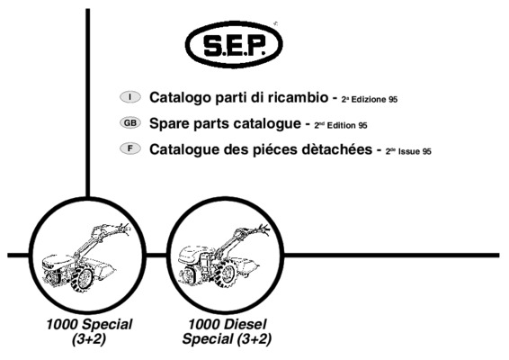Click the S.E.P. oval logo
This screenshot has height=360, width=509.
[234, 44]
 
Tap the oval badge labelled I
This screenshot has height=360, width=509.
[130, 97]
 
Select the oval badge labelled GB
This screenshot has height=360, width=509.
[130, 122]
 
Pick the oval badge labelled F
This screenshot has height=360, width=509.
[130, 148]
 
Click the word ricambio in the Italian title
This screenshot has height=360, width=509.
[299, 97]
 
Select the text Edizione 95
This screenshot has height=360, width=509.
[374, 99]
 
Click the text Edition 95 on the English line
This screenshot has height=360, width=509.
[347, 125]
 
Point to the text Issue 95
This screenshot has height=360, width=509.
[415, 151]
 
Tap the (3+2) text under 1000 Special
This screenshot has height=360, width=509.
[89, 339]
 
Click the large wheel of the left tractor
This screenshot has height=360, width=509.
[82, 277]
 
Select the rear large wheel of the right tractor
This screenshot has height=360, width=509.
[227, 273]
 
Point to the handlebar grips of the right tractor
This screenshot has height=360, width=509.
[263, 229]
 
